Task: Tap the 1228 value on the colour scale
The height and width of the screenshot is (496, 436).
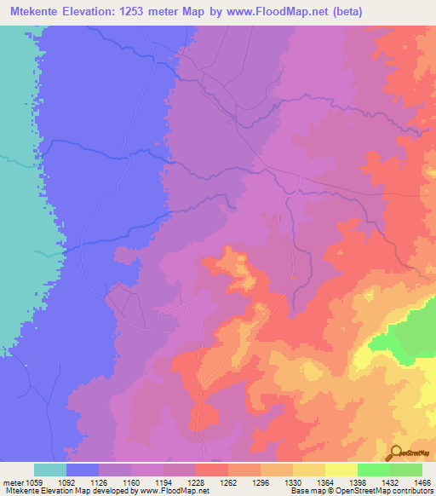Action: pos(196,482)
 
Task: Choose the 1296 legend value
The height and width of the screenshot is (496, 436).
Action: pos(261,482)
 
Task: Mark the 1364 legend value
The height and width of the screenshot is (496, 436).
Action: pos(325,482)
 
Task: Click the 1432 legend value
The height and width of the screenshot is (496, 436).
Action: pos(390,482)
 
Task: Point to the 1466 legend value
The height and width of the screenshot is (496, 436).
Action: pos(421,482)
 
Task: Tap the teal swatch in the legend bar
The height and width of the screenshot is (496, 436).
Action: pos(50,470)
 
